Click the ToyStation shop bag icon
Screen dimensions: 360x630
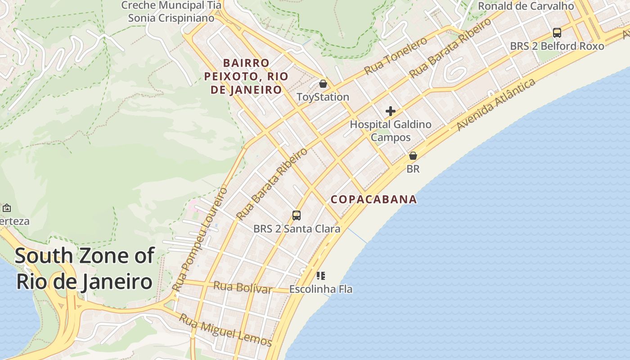pos(323,84)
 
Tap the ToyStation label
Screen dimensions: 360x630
pos(323,97)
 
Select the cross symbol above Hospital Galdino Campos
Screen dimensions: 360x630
pos(391,111)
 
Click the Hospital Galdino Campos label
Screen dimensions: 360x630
pos(391,130)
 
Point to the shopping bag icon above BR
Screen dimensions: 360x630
pos(413,156)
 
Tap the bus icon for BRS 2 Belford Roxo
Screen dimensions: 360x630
pos(557,33)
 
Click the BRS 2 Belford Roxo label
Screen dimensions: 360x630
pos(557,46)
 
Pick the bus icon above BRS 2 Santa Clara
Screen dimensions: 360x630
pos(296,216)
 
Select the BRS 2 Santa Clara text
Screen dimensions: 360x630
pos(297,229)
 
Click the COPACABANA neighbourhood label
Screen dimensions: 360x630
pos(373,199)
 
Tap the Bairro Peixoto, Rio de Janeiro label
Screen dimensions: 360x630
pos(246,76)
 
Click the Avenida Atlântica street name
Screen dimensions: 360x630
pos(496,105)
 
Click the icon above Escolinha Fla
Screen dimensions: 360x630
pos(320,275)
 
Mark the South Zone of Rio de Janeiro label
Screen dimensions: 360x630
pos(85,268)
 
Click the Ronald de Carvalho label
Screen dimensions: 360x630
pos(526,6)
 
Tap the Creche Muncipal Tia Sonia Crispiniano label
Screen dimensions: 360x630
pos(171,12)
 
